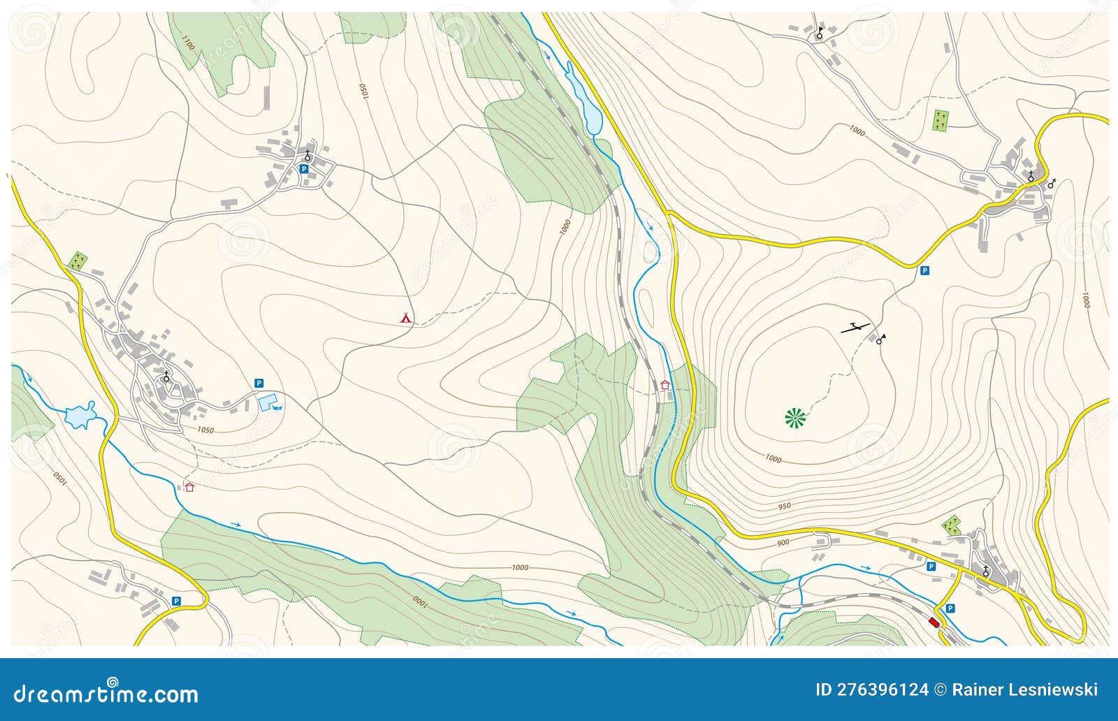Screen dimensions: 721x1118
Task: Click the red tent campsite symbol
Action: click(405, 318)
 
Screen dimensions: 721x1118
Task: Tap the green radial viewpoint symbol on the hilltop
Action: click(795, 418)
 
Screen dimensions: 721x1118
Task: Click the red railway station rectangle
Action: click(934, 622)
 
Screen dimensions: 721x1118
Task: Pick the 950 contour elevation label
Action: click(784, 506)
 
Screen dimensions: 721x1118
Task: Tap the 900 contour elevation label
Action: click(783, 543)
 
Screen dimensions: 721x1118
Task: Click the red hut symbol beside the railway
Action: click(665, 384)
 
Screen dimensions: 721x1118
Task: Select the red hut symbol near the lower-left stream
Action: click(189, 486)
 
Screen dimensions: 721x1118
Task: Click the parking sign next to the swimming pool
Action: click(259, 383)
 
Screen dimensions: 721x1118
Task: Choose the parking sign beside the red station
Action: click(950, 609)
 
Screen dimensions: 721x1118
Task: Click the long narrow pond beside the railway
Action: click(584, 98)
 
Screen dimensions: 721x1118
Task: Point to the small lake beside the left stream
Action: click(78, 415)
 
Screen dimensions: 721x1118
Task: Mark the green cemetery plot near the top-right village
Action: click(941, 120)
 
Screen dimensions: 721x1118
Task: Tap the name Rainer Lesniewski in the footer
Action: click(1024, 690)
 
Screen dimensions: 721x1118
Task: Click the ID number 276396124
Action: click(871, 690)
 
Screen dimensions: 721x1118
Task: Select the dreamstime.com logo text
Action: click(106, 693)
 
